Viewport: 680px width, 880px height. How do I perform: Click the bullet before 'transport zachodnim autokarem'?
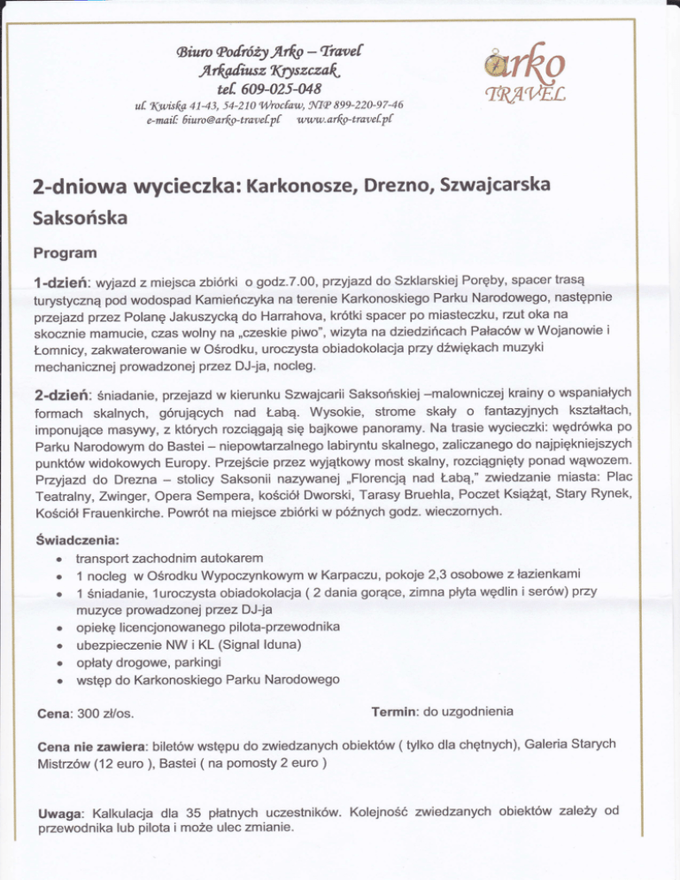56,559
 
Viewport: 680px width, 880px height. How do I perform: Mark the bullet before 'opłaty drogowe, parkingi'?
56,663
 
